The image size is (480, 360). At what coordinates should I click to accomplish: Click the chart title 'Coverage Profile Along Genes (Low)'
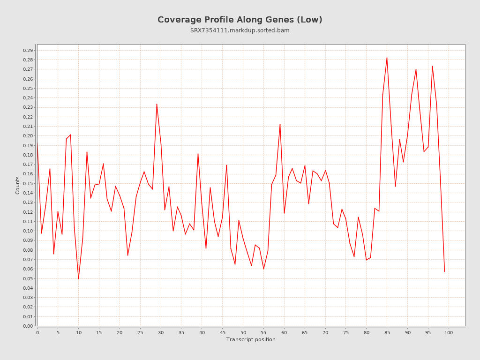tap(240, 20)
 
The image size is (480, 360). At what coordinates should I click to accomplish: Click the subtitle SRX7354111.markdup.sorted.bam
tap(240, 30)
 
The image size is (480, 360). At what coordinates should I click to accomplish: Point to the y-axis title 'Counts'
tap(18, 185)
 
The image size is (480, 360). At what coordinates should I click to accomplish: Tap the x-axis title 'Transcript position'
tap(251, 339)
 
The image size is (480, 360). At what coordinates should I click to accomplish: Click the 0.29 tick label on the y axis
tap(28, 50)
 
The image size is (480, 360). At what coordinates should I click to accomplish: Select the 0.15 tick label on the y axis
tap(28, 183)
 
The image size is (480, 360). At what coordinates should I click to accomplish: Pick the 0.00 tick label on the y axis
tap(28, 326)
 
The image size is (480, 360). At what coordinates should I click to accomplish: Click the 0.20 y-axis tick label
tap(28, 136)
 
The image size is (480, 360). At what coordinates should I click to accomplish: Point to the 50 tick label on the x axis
tap(243, 332)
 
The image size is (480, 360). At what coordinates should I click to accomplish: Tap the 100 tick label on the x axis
tap(449, 332)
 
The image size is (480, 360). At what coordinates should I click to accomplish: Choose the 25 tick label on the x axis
tap(140, 332)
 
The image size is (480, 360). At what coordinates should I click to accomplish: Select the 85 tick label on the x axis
tap(387, 332)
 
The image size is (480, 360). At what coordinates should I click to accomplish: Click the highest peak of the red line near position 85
tap(387, 58)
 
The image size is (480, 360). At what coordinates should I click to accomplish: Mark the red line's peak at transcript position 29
tap(157, 104)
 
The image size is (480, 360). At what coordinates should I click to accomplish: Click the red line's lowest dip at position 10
tap(78, 279)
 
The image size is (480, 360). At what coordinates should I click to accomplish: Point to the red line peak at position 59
tap(280, 124)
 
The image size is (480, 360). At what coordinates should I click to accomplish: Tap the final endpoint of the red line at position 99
tap(444, 271)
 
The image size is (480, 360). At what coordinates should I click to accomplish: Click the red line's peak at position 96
tap(432, 66)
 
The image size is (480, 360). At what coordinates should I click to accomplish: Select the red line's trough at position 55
tap(263, 269)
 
